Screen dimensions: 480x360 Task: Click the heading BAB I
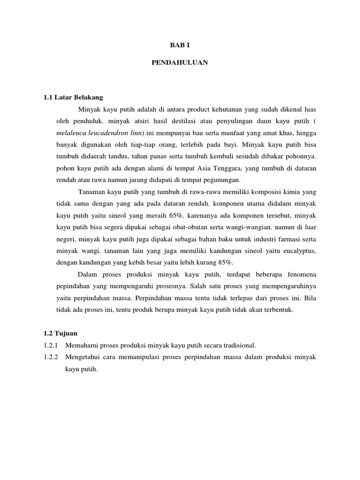[180, 45]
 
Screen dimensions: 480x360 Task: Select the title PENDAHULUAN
[180, 62]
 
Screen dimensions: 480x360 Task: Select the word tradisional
[237, 345]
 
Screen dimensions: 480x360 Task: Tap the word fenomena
[300, 274]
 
